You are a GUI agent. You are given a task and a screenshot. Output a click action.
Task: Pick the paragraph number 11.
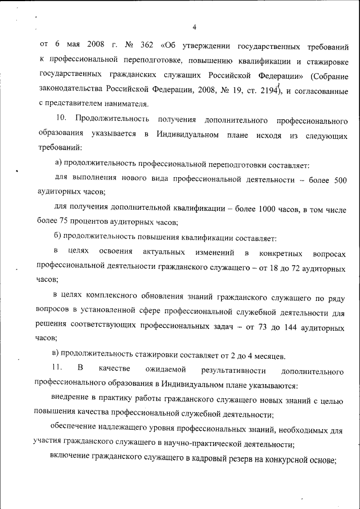55,370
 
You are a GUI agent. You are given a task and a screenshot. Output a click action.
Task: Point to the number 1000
269,209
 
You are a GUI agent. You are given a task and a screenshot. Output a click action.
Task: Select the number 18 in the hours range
275,268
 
